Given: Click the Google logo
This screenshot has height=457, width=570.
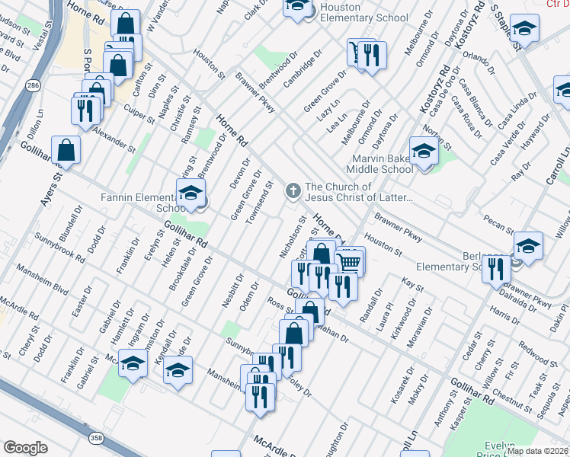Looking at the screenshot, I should (x=25, y=448).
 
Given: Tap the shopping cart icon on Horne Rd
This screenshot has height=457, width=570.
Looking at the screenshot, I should (x=350, y=262).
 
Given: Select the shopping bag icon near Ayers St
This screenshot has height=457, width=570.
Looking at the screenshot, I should (x=66, y=150).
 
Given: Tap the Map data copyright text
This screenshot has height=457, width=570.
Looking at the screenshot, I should (x=537, y=451).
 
